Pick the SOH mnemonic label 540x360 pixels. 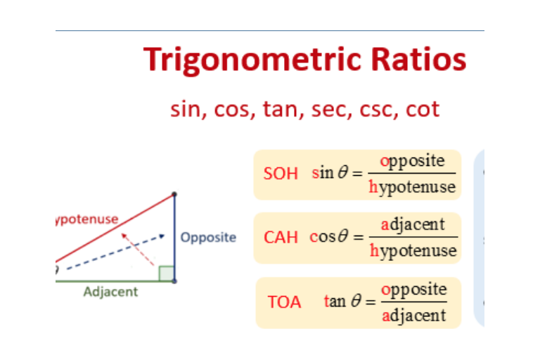click(281, 173)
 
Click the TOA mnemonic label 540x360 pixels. click(284, 302)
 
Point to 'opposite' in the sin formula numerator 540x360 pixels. click(413, 161)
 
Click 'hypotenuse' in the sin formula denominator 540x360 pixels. click(412, 187)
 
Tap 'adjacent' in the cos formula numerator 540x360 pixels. click(413, 224)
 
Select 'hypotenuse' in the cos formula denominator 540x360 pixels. click(413, 251)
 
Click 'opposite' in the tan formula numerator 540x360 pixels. click(413, 289)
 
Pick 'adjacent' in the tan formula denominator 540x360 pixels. click(413, 316)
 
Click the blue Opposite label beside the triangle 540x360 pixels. click(208, 237)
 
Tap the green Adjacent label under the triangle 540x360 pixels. click(110, 291)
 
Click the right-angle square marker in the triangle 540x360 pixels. click(166, 274)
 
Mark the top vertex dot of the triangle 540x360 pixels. click(174, 194)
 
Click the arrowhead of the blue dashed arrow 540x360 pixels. click(162, 236)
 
